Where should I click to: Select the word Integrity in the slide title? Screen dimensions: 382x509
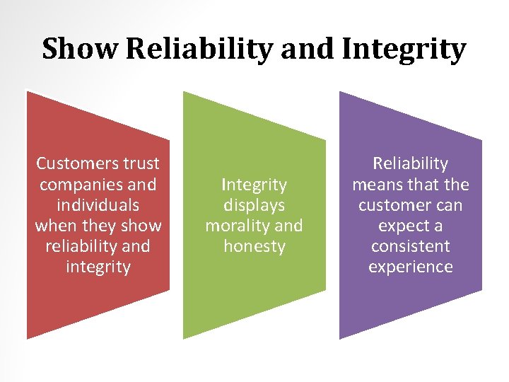pos(404,50)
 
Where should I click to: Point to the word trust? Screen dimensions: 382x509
pos(141,164)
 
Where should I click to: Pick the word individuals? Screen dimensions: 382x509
pos(98,205)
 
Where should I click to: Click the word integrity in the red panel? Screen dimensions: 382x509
pos(98,267)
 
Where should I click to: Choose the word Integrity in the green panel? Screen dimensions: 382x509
pos(254,185)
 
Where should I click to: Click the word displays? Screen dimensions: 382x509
pos(254,206)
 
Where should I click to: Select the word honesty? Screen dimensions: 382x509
pos(254,247)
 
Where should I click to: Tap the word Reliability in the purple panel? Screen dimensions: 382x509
pos(411,164)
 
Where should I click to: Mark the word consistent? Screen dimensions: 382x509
pos(411,247)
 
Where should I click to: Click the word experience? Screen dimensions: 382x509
pos(411,267)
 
